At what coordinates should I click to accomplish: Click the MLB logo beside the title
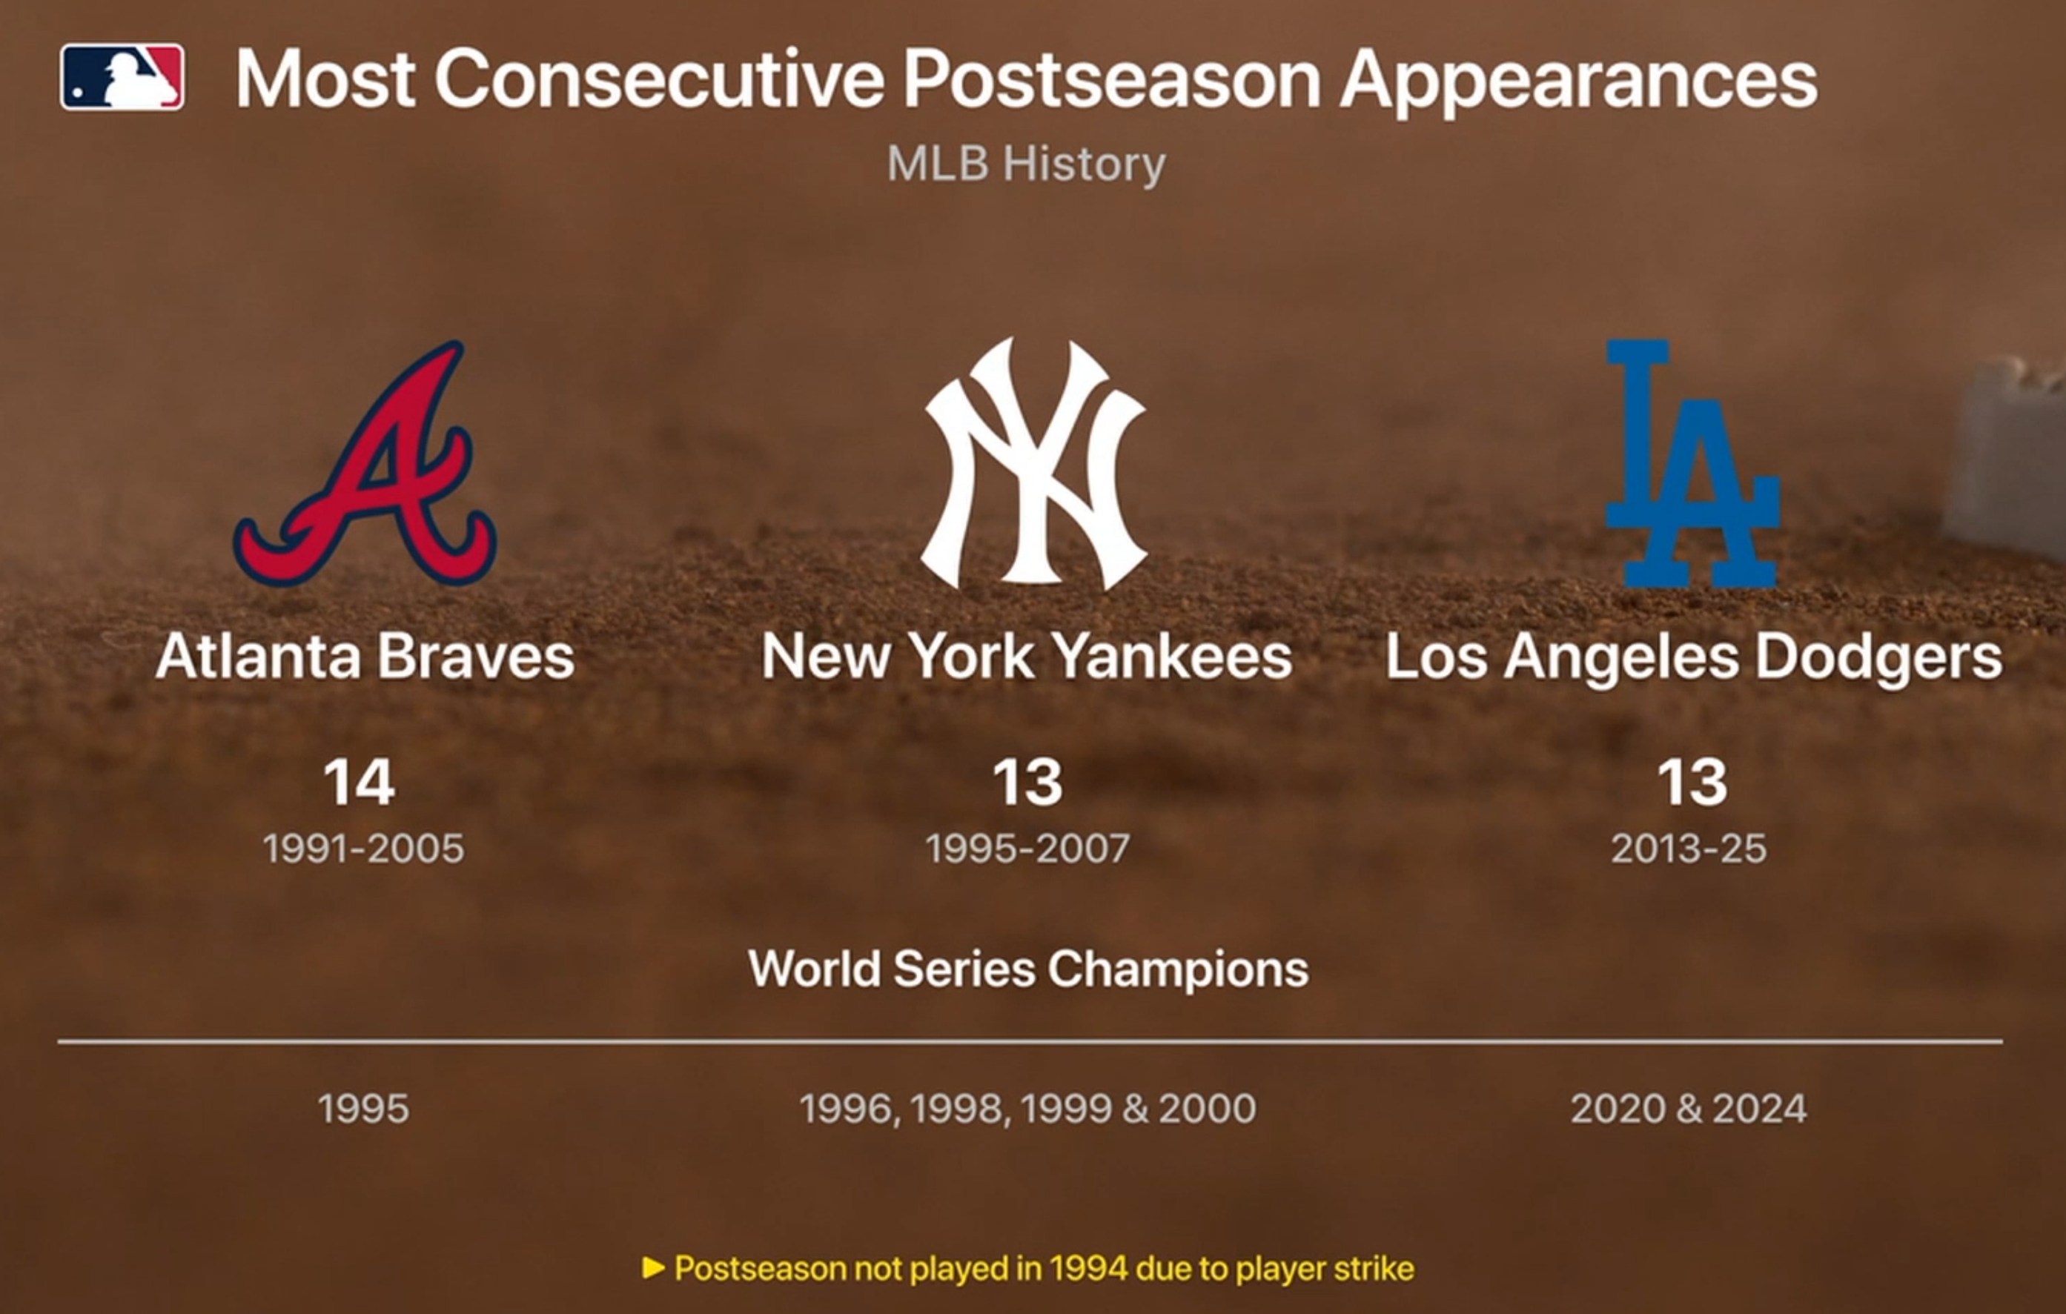pyautogui.click(x=122, y=77)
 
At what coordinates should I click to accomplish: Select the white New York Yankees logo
pyautogui.click(x=1033, y=463)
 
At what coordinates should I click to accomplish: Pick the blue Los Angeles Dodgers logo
pyautogui.click(x=1692, y=463)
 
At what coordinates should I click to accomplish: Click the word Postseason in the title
pyautogui.click(x=1112, y=79)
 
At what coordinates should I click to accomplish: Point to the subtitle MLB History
pyautogui.click(x=1026, y=163)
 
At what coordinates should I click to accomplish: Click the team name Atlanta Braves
pyautogui.click(x=365, y=656)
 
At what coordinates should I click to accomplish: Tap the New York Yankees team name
pyautogui.click(x=1026, y=656)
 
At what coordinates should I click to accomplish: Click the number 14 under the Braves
pyautogui.click(x=360, y=781)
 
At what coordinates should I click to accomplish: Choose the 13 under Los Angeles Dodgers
pyautogui.click(x=1692, y=781)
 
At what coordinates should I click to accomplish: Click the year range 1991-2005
pyautogui.click(x=363, y=849)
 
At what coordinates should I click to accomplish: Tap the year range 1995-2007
pyautogui.click(x=1027, y=849)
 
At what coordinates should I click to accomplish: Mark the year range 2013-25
pyautogui.click(x=1689, y=849)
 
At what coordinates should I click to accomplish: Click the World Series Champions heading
pyautogui.click(x=1029, y=969)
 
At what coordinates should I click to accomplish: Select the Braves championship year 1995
pyautogui.click(x=363, y=1108)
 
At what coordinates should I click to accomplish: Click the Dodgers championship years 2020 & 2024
pyautogui.click(x=1689, y=1108)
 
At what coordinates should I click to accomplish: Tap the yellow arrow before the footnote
pyautogui.click(x=654, y=1268)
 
